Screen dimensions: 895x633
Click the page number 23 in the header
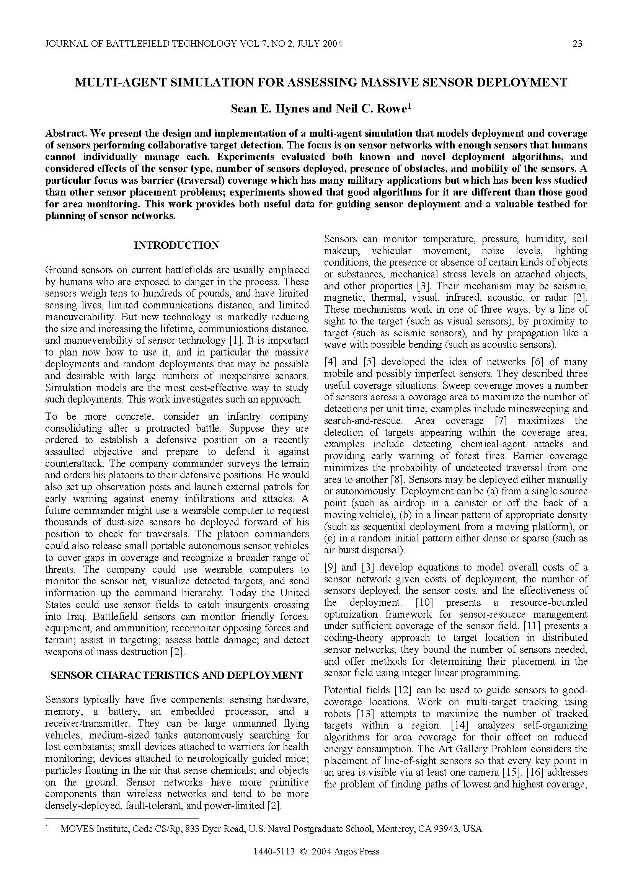tap(578, 44)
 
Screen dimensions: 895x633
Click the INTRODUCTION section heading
tap(176, 245)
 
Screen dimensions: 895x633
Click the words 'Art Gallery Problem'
tap(482, 749)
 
